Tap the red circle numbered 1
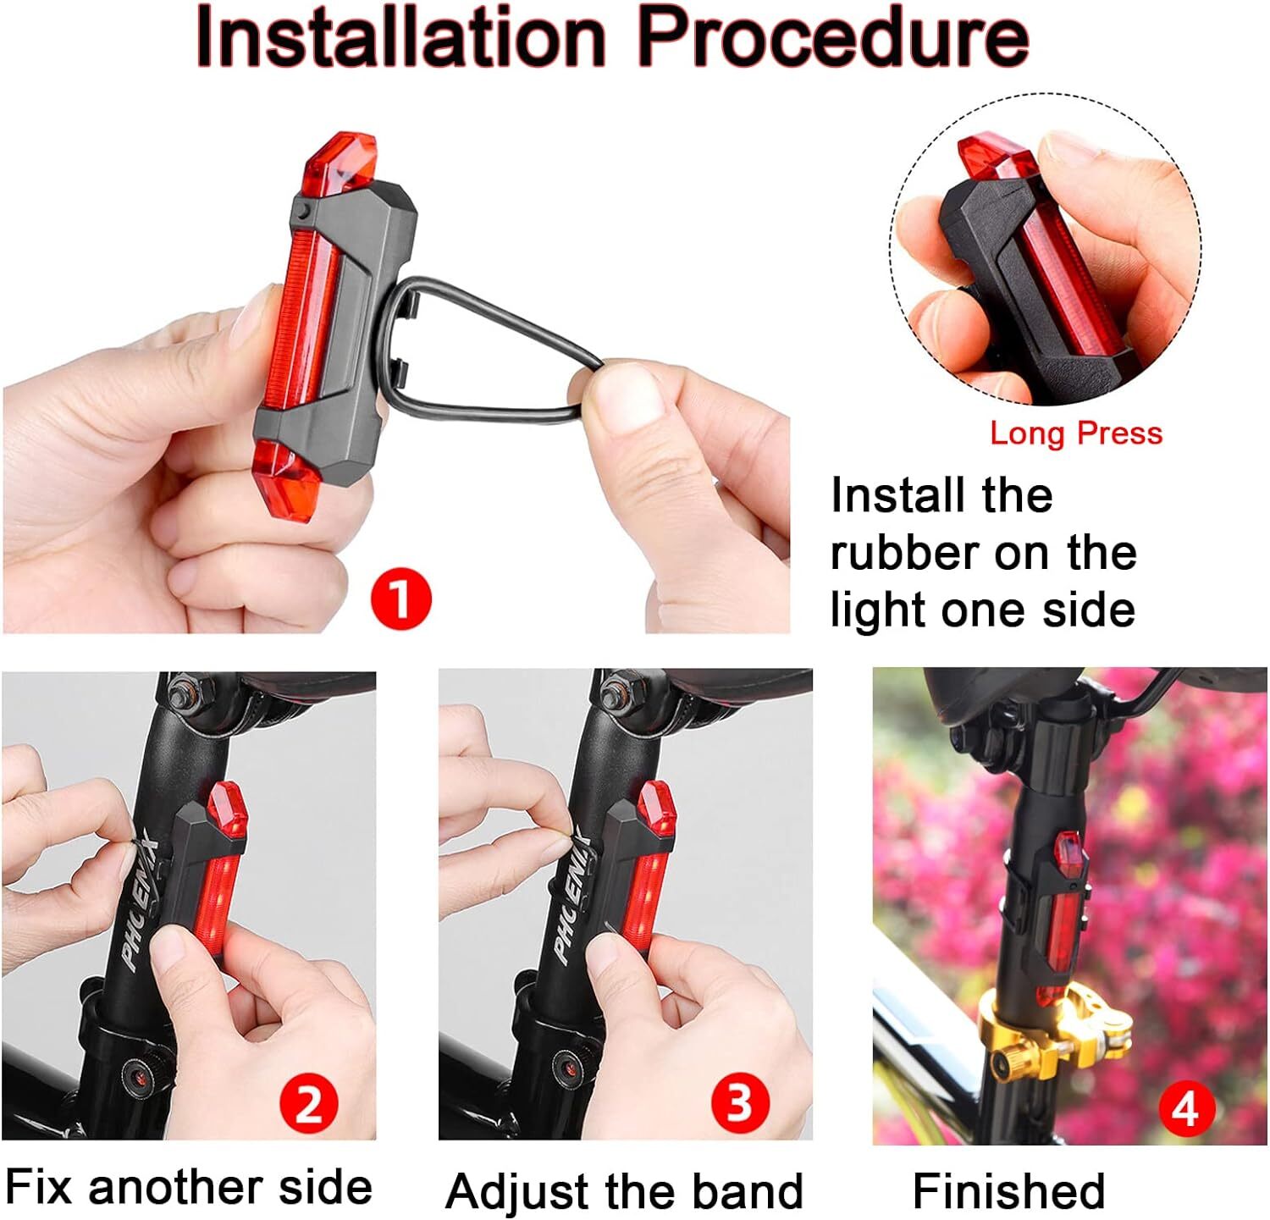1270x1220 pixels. click(x=400, y=599)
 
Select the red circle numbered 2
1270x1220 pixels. click(x=309, y=1104)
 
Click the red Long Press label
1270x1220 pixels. click(x=1076, y=433)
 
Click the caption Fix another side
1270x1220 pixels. click(x=188, y=1187)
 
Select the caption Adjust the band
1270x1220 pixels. click(x=624, y=1191)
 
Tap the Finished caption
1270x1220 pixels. click(x=1008, y=1191)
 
